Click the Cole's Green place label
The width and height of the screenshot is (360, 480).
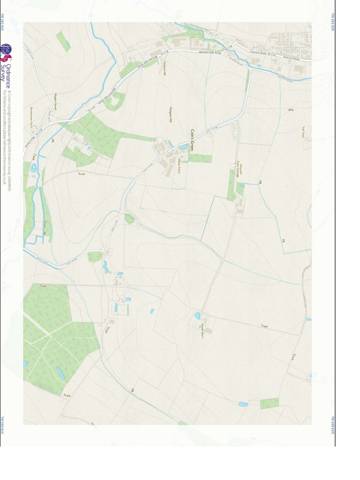click(192, 140)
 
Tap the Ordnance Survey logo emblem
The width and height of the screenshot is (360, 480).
click(6, 53)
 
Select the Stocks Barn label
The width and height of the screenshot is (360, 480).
click(202, 331)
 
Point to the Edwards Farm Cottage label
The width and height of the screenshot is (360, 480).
click(238, 170)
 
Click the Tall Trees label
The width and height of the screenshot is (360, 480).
click(304, 132)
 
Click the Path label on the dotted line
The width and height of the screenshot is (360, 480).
click(290, 109)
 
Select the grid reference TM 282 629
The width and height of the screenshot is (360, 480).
click(333, 22)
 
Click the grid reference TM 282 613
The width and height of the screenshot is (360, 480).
click(2, 22)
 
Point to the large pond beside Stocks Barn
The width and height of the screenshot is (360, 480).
click(197, 315)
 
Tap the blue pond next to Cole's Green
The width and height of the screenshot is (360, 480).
click(183, 147)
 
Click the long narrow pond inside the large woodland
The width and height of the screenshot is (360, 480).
click(60, 373)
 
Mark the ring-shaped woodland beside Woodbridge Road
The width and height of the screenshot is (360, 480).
click(116, 100)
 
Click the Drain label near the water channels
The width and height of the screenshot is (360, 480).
click(45, 225)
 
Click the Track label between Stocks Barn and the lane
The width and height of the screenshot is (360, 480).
click(264, 326)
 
